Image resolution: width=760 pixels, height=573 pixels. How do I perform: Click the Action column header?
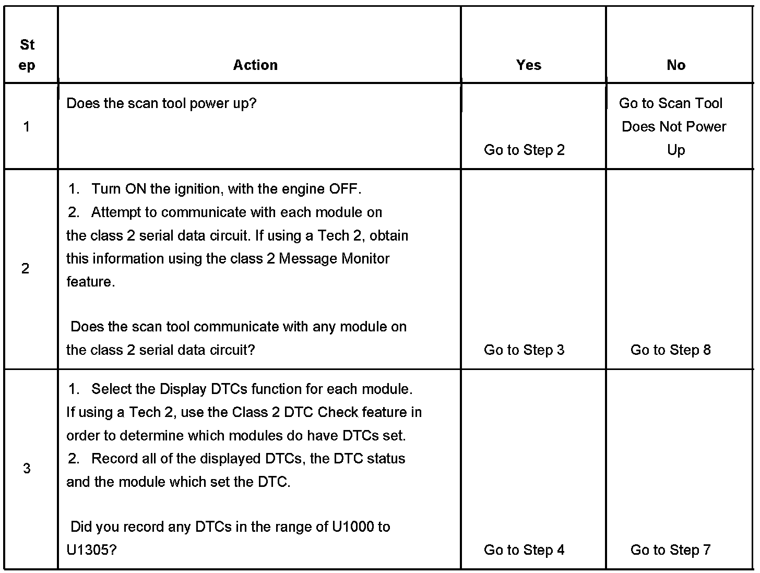click(x=255, y=65)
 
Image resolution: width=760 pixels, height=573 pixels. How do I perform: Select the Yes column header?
click(x=529, y=65)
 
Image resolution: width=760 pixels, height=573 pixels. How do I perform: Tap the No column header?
click(x=676, y=65)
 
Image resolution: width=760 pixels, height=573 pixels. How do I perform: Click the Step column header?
click(x=27, y=55)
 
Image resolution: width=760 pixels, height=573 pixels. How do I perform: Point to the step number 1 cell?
click(x=27, y=126)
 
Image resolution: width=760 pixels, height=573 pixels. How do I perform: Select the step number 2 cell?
click(x=26, y=269)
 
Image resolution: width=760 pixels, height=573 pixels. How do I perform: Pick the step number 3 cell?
click(x=27, y=469)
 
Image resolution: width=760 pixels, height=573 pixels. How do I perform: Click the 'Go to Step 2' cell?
click(x=524, y=150)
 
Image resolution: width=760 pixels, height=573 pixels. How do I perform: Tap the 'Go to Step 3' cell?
click(x=524, y=350)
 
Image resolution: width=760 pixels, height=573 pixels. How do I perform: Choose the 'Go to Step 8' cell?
click(x=670, y=350)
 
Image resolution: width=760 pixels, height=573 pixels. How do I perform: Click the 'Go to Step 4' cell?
click(x=524, y=550)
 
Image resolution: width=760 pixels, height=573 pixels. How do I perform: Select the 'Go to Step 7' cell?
click(x=670, y=550)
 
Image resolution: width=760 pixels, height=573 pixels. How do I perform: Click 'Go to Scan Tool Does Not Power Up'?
click(x=673, y=127)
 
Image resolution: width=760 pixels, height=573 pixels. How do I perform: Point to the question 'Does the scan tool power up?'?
click(x=162, y=103)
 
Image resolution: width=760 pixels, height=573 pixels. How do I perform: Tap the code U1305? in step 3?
click(x=91, y=550)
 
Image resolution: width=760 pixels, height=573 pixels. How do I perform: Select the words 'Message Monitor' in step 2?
click(x=334, y=259)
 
